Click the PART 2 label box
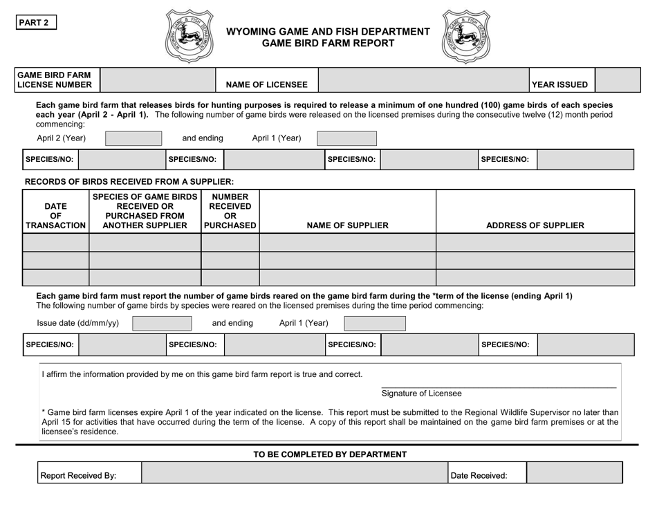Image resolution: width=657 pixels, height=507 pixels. [37, 22]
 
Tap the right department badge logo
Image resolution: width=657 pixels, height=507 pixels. [465, 36]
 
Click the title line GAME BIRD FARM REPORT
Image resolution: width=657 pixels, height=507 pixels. [328, 44]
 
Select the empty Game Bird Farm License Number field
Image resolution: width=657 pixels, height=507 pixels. [158, 79]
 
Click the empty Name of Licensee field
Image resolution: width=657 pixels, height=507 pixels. [423, 79]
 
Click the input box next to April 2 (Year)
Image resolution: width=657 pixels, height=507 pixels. [134, 138]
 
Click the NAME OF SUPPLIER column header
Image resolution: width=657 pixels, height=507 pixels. [347, 225]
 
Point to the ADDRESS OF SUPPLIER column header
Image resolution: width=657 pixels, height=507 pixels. [535, 225]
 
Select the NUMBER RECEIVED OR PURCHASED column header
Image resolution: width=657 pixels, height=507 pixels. [230, 211]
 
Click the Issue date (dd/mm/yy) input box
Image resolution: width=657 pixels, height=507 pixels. [162, 323]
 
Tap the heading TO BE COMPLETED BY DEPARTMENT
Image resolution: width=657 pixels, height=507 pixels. [330, 454]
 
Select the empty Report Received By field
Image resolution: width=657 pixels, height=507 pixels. [295, 474]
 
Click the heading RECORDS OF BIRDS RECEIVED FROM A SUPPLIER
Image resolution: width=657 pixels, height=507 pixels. [129, 181]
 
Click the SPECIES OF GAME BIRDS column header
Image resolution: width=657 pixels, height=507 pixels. [145, 211]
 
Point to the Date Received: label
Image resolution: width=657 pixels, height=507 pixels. [479, 475]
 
